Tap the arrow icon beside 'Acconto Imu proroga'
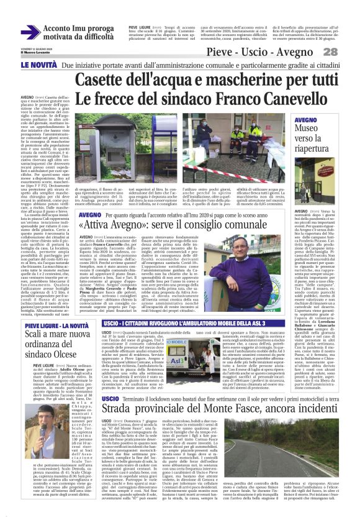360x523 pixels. (30, 32)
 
